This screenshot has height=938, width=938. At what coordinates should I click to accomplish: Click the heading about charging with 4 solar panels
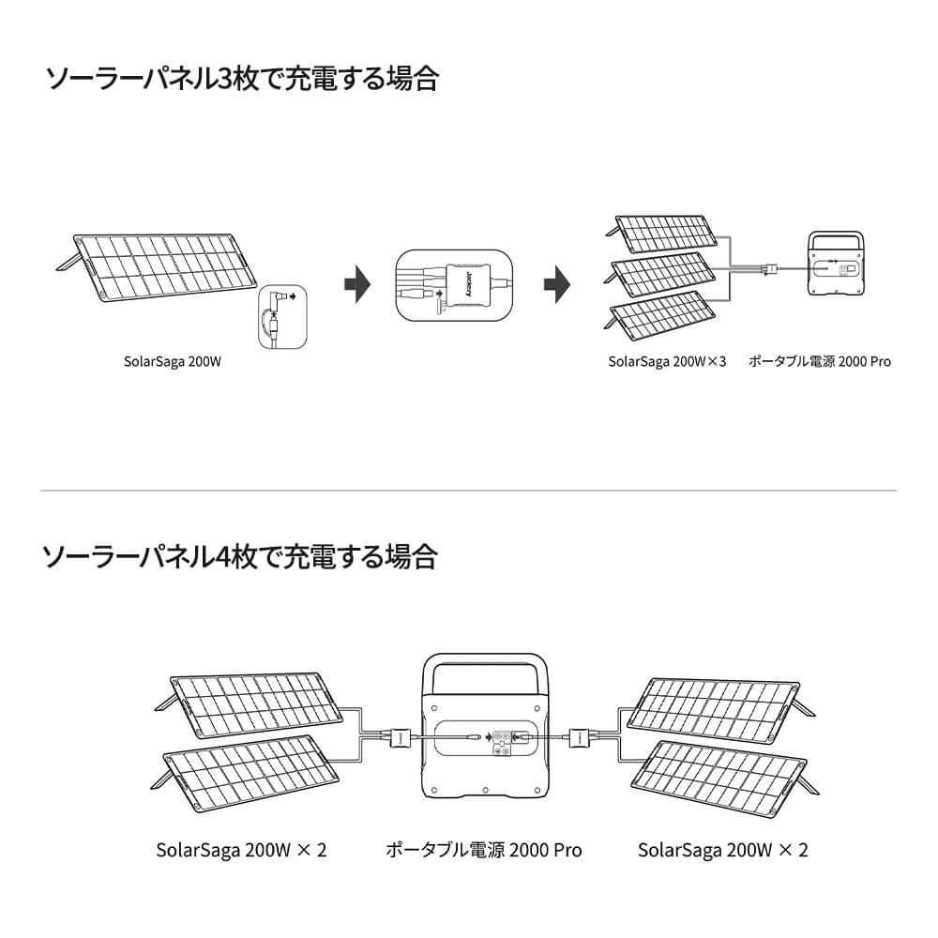[x=241, y=558]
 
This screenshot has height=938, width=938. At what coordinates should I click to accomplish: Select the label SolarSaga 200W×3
[x=667, y=360]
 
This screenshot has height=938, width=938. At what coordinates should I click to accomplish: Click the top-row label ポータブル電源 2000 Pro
[x=820, y=360]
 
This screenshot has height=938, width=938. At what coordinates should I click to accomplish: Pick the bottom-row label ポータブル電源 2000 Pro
[x=484, y=851]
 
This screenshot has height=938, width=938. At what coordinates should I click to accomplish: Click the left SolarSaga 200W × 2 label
[x=241, y=851]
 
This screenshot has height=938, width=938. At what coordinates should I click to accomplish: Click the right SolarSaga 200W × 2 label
[x=722, y=851]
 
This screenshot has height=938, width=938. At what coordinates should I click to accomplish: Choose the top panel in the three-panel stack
[x=667, y=234]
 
